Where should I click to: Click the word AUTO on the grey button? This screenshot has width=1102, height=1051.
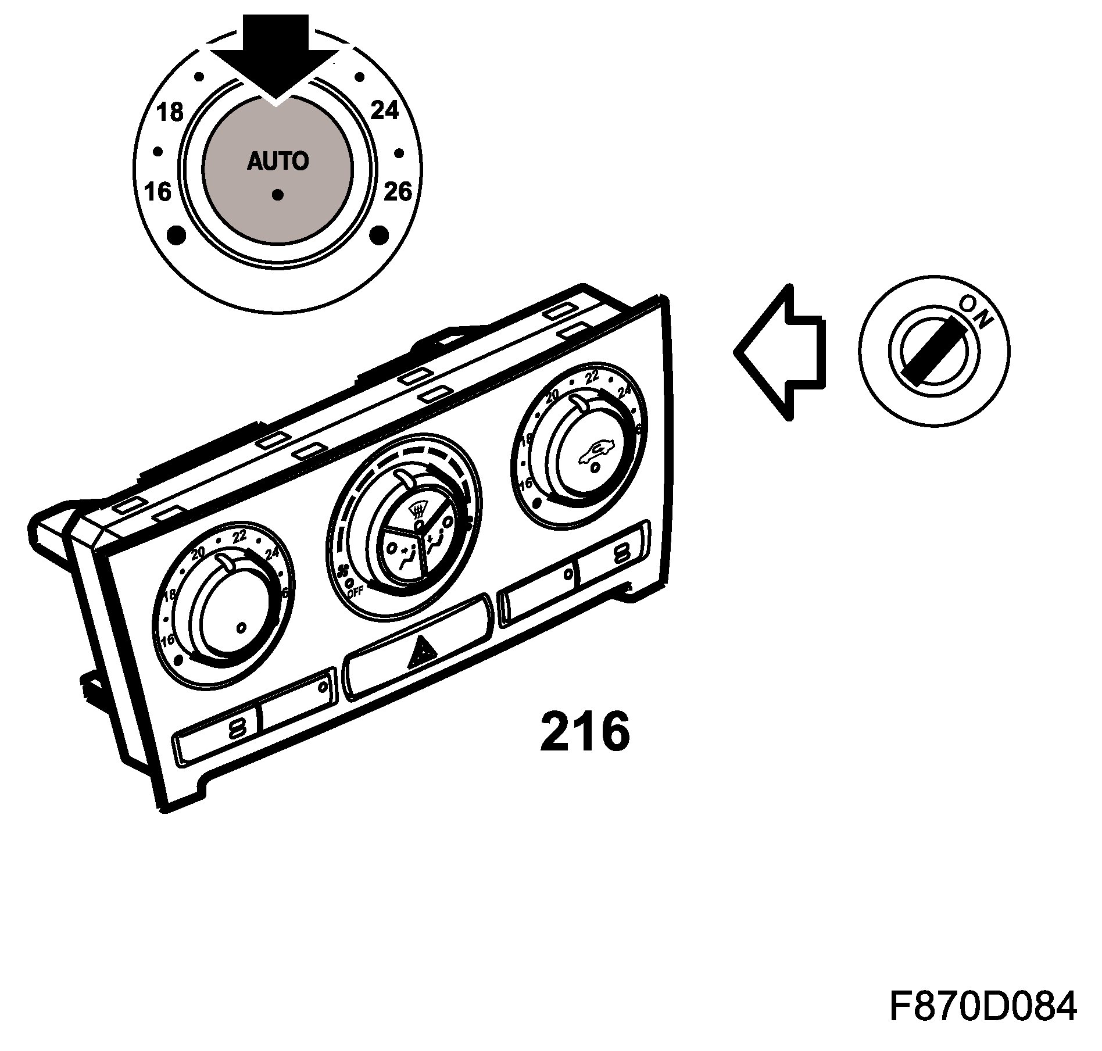[x=278, y=161]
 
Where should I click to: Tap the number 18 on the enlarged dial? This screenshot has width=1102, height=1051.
[x=170, y=112]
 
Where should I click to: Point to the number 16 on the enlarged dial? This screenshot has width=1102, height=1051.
[x=158, y=191]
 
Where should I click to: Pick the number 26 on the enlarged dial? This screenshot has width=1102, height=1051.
[x=398, y=191]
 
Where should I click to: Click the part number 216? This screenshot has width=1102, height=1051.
[x=585, y=732]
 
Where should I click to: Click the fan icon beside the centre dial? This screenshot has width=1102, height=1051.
[x=344, y=572]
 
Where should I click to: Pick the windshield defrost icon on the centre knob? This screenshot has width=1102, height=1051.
[x=417, y=512]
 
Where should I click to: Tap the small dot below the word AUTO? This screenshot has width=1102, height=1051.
[x=278, y=195]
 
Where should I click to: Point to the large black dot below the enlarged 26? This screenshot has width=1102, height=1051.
[x=379, y=235]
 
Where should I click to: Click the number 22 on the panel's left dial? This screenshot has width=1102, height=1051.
[x=239, y=536]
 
